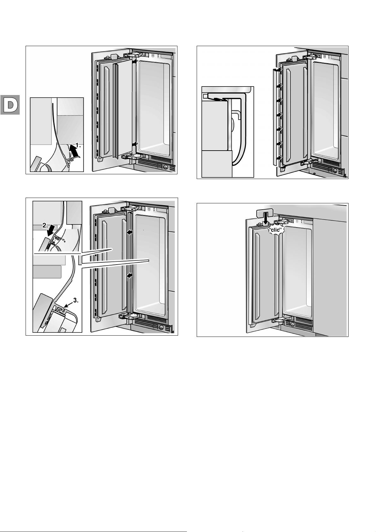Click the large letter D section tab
(x=10, y=105)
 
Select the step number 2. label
(x=45, y=226)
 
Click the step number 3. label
(x=75, y=301)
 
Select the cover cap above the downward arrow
(x=266, y=213)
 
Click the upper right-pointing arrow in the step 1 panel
(x=135, y=62)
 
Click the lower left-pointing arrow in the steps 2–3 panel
(x=129, y=276)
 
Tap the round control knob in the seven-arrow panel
(x=335, y=171)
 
